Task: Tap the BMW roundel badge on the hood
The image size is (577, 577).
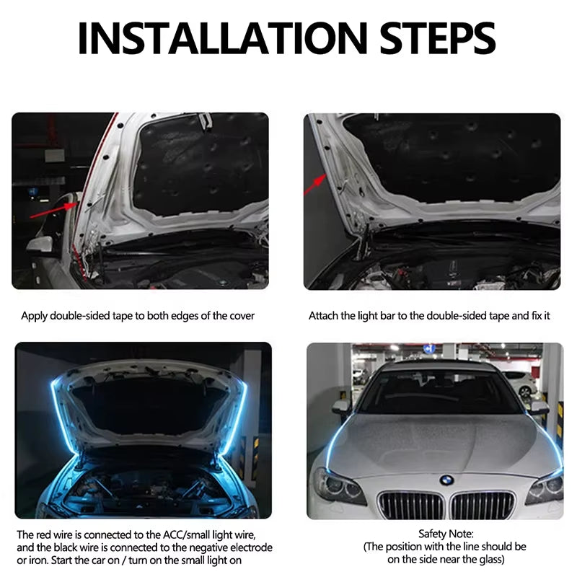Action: pos(447,479)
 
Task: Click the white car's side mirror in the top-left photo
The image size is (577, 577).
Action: pos(40,245)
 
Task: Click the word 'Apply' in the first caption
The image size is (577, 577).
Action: pos(34,316)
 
